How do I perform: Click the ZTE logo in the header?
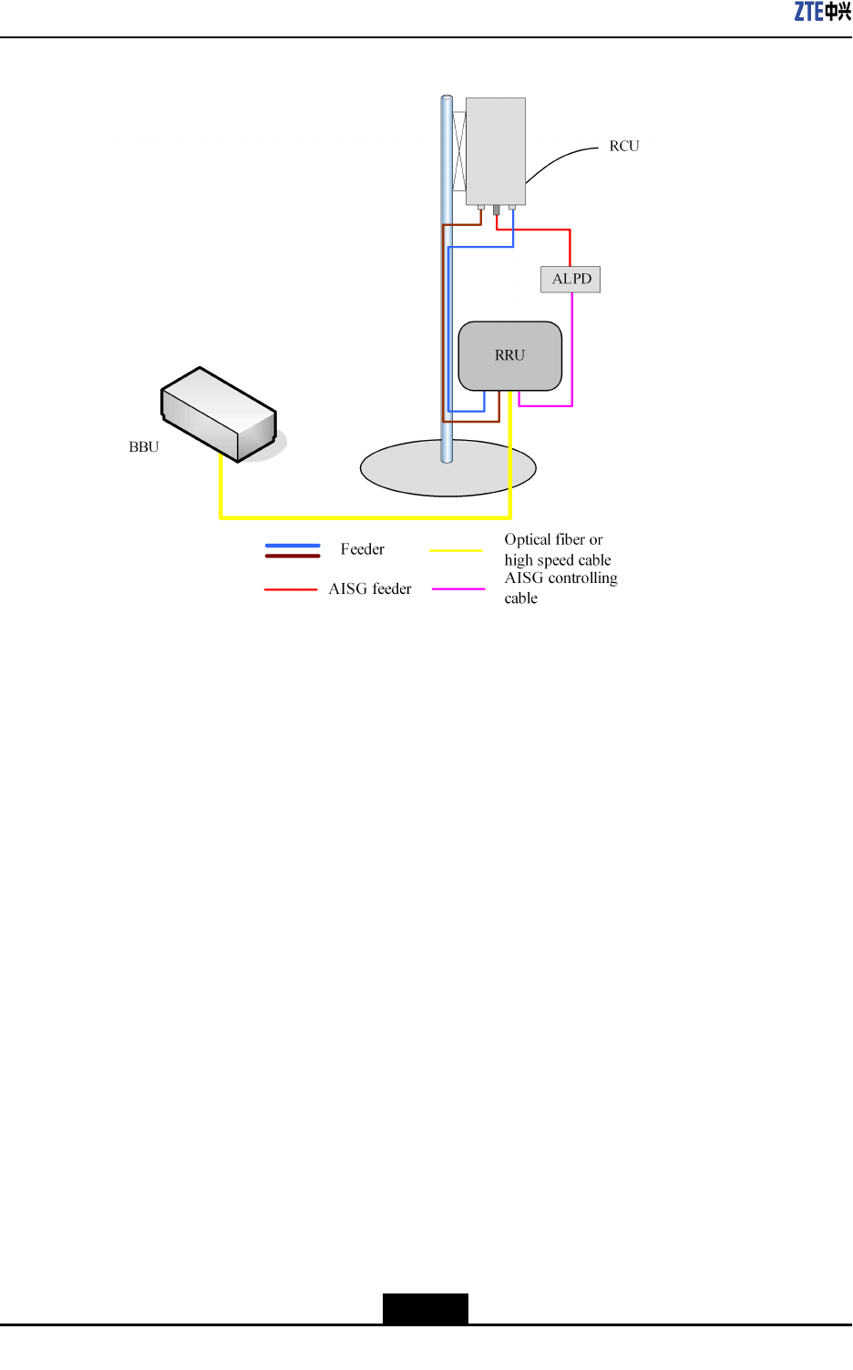click(x=822, y=11)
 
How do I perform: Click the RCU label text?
click(x=624, y=146)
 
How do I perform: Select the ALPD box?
click(x=570, y=279)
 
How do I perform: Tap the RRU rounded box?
click(x=509, y=355)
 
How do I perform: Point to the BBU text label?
click(x=144, y=446)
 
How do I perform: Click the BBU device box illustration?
click(x=219, y=414)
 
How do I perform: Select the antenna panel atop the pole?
click(x=495, y=150)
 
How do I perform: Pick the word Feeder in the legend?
click(x=362, y=549)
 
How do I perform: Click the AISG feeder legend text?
click(x=370, y=588)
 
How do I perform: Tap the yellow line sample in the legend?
click(x=456, y=550)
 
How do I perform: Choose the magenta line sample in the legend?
click(x=458, y=589)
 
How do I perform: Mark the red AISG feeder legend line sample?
click(x=291, y=589)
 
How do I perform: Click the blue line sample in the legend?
click(x=293, y=546)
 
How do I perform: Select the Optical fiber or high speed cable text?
click(x=558, y=549)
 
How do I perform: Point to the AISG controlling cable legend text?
click(x=560, y=588)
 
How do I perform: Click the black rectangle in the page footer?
click(x=425, y=1308)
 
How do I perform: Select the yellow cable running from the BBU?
click(x=365, y=517)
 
